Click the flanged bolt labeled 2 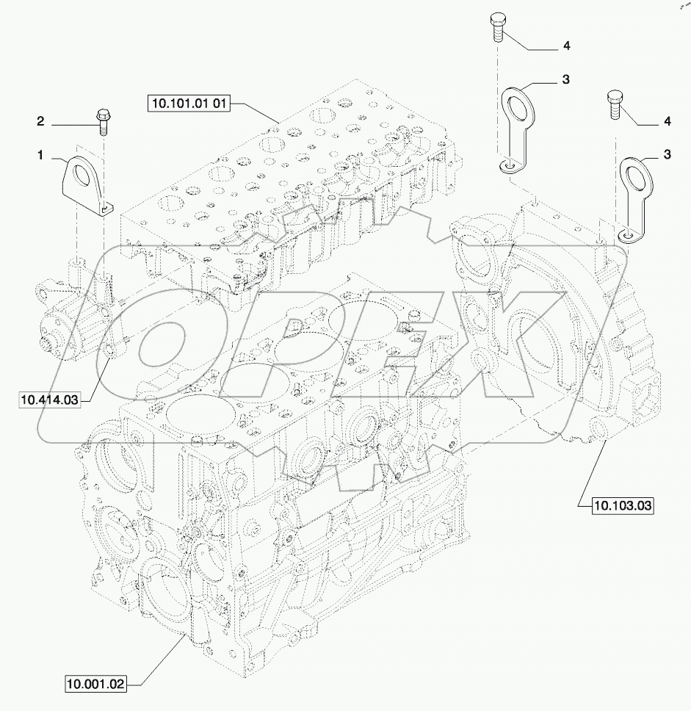102,120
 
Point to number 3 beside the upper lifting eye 566,79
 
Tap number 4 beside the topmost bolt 566,46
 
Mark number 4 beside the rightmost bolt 667,120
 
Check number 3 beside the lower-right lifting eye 667,154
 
